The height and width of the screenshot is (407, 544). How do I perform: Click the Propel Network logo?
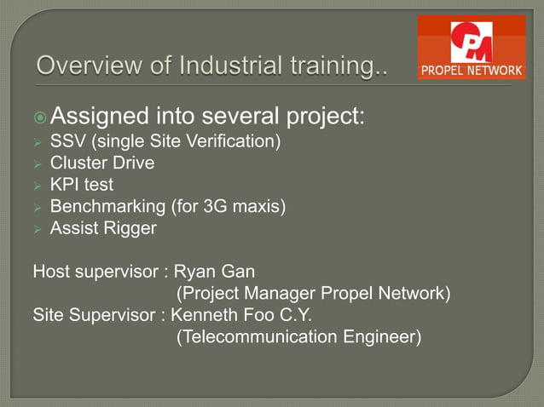pos(471,47)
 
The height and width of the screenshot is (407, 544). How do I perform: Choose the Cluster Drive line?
pos(101,162)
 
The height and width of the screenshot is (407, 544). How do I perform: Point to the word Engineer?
pos(385,338)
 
